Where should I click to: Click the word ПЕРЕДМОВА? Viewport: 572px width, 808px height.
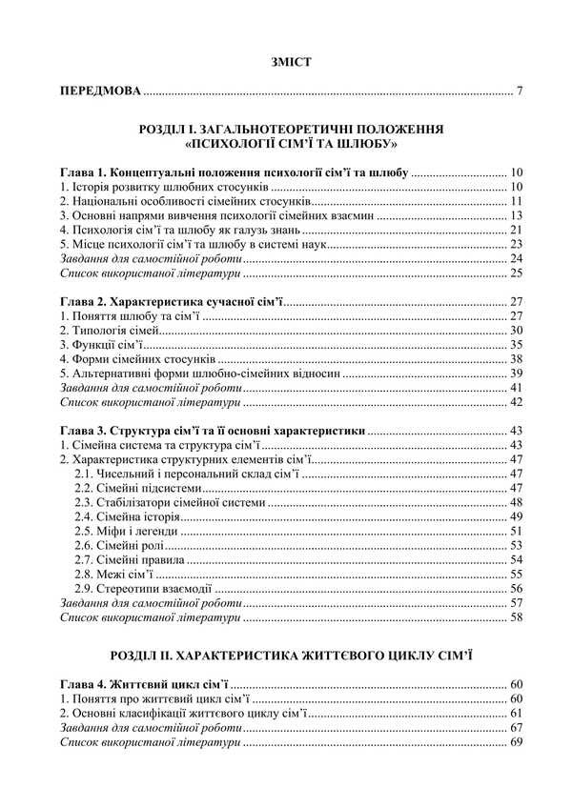point(99,92)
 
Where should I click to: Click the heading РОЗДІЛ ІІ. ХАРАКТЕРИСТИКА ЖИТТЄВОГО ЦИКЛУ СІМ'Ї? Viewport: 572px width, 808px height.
point(291,656)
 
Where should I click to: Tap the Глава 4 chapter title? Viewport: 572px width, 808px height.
point(143,684)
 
